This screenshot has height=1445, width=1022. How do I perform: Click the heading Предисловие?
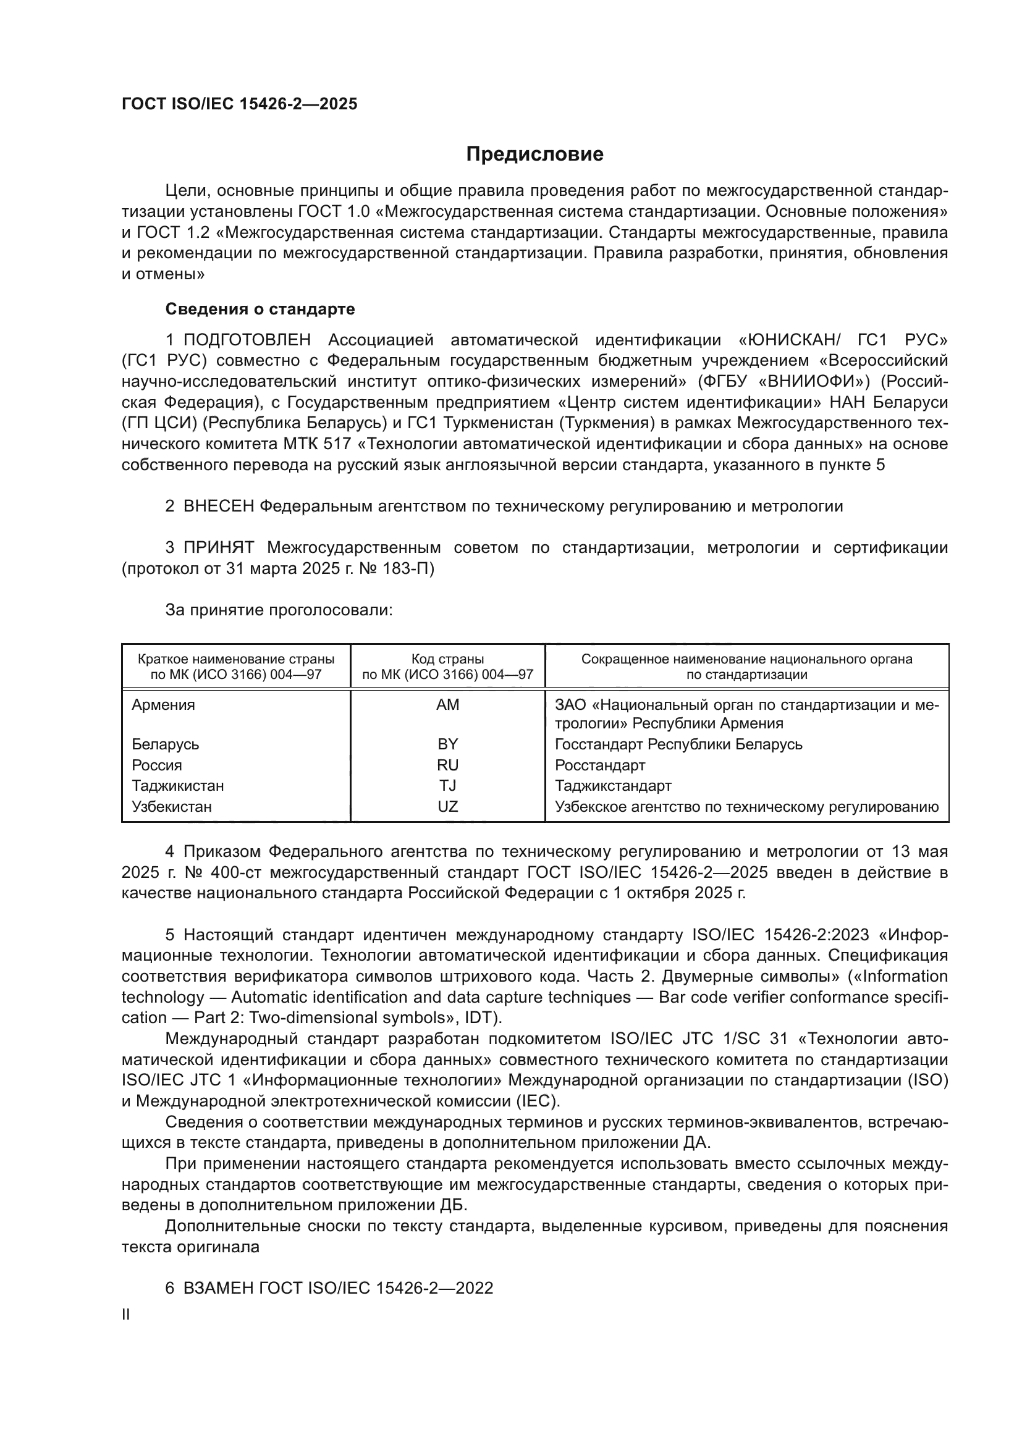point(534,154)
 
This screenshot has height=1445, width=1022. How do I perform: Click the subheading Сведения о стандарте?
point(260,309)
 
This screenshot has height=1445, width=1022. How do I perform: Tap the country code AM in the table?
point(447,705)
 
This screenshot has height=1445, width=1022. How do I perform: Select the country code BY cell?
point(447,744)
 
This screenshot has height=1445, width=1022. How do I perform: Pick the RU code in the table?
point(447,765)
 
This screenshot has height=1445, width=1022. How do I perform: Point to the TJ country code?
point(447,786)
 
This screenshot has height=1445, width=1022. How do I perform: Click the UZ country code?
point(447,807)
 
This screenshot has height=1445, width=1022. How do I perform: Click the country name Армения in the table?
point(163,705)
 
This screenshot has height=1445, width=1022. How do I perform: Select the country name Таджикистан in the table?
point(177,786)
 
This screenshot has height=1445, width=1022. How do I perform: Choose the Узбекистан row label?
point(171,807)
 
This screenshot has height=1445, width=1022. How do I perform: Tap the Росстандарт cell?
point(600,765)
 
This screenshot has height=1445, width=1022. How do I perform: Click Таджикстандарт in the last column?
point(613,786)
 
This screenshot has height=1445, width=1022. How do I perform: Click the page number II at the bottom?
point(126,1315)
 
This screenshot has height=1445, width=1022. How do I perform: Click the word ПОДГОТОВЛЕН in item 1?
point(247,340)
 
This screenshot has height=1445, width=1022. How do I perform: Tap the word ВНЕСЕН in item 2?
point(218,507)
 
